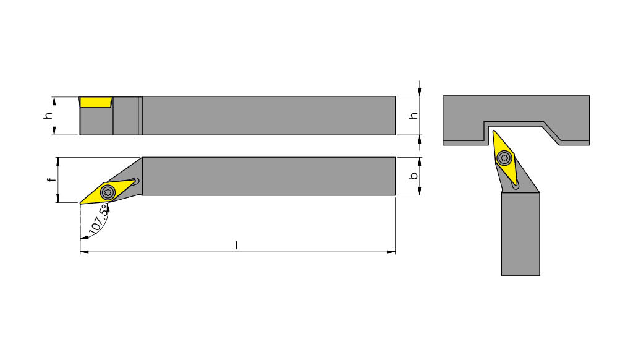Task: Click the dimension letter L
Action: (237, 246)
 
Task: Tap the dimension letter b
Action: (414, 176)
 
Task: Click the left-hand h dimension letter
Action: (48, 116)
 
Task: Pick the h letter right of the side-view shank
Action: (414, 116)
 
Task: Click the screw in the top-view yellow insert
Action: (108, 192)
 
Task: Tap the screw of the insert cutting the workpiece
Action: (504, 158)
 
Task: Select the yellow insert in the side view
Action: (95, 102)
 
